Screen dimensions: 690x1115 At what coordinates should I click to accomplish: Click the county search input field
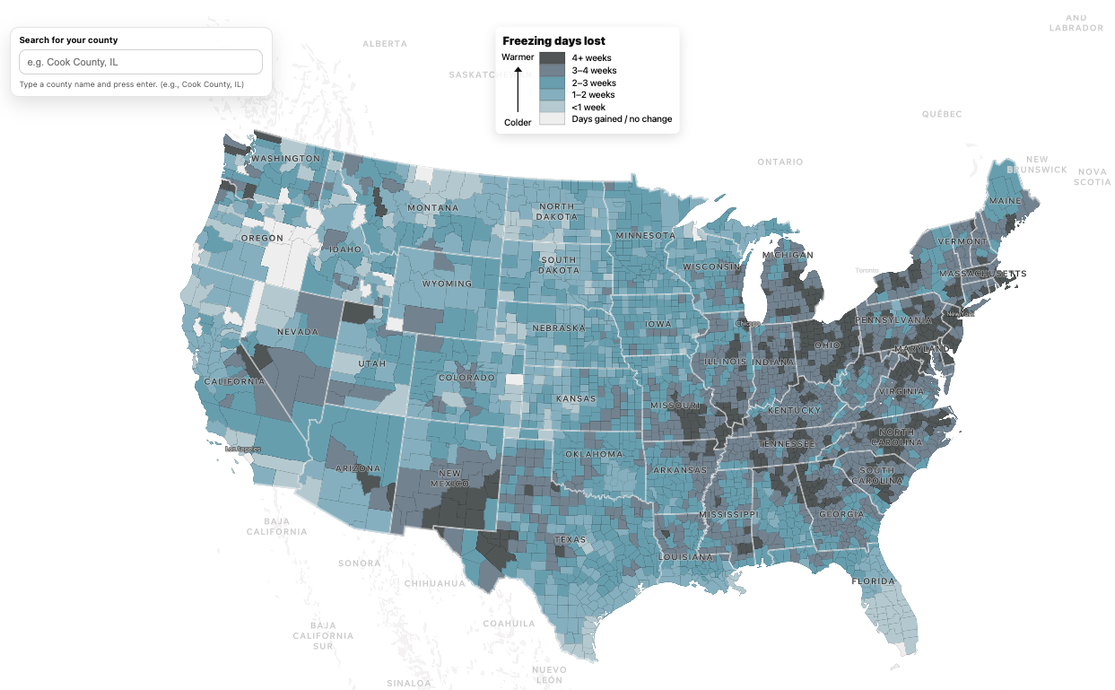coord(141,62)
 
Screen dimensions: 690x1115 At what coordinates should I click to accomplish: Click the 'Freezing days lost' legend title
coord(553,41)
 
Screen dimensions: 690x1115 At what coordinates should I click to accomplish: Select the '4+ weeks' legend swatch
coord(552,58)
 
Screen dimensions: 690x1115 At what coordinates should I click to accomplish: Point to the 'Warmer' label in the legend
coord(518,57)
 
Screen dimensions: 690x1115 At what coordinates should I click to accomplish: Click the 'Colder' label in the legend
coord(518,122)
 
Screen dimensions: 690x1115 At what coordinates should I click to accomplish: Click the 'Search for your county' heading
coord(68,40)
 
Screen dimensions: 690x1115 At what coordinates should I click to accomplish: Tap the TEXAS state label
coord(570,540)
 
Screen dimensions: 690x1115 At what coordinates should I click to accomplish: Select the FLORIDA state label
coord(874,581)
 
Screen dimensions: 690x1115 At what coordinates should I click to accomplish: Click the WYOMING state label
coord(447,284)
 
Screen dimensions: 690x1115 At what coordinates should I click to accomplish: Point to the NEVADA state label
coord(297,333)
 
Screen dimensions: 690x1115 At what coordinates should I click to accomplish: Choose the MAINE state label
coord(1005,200)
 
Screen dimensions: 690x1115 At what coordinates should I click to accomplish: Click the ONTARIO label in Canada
coord(780,162)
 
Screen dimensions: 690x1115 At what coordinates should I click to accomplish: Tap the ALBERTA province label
coord(385,44)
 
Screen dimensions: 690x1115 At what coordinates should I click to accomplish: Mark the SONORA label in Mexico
coord(359,563)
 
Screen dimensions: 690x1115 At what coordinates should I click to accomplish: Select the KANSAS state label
coord(576,398)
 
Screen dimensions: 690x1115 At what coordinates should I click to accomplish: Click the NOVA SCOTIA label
coord(1092,176)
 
